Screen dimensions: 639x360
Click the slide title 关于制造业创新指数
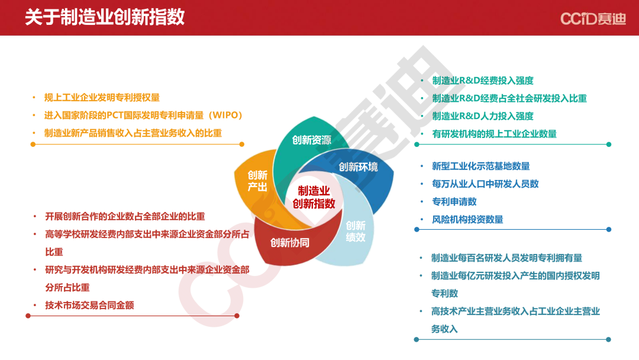coord(105,18)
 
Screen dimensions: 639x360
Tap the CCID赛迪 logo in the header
coord(593,18)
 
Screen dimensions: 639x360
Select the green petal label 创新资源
coord(312,140)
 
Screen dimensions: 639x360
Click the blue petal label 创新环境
coord(358,167)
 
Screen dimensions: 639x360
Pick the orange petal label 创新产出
coord(257,181)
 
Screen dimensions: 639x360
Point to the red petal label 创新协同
coord(290,243)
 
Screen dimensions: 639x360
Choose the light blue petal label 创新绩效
coord(356,232)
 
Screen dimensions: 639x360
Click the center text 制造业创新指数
coord(314,197)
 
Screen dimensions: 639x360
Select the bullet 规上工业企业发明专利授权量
coord(102,98)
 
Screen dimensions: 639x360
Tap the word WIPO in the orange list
coord(225,115)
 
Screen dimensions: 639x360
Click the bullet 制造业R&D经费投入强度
coord(483,81)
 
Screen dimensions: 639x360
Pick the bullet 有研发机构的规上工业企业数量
coord(494,134)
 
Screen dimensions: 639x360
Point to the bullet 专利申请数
coord(454,202)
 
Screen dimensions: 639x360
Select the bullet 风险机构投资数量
coord(467,220)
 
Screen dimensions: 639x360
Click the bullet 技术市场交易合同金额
coord(90,306)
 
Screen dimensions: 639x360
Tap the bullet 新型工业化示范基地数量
coord(481,166)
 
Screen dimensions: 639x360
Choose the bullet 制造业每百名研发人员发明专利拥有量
coord(506,258)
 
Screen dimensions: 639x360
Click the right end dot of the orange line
coord(241,144)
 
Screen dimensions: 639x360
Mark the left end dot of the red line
coord(28,316)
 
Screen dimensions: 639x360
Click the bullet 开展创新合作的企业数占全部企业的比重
coord(125,217)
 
